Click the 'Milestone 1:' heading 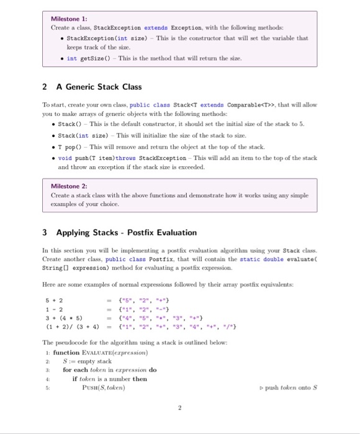69,19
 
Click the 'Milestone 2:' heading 69,185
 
